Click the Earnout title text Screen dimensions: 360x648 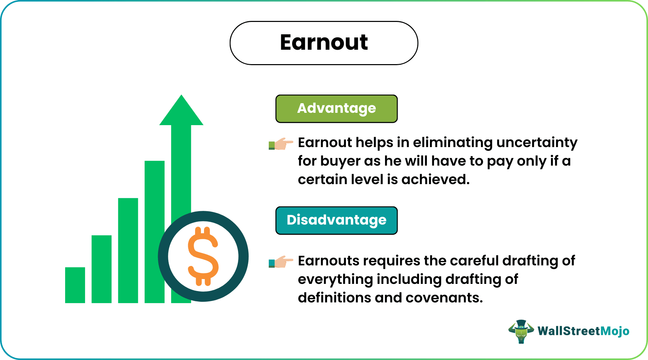pyautogui.click(x=324, y=43)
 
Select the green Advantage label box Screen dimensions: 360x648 pyautogui.click(x=336, y=109)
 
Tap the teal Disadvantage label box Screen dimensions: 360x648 pyautogui.click(x=336, y=220)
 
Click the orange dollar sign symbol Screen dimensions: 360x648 pyautogui.click(x=203, y=256)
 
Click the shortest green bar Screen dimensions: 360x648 pyautogui.click(x=75, y=285)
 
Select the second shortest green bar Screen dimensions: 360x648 pyautogui.click(x=101, y=269)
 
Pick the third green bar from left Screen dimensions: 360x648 pyautogui.click(x=128, y=250)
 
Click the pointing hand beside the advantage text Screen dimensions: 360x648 pyautogui.click(x=281, y=144)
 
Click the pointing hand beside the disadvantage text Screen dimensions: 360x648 pyautogui.click(x=281, y=262)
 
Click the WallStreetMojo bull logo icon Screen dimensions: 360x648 pyautogui.click(x=521, y=331)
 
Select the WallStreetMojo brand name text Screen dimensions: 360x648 pyautogui.click(x=583, y=331)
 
